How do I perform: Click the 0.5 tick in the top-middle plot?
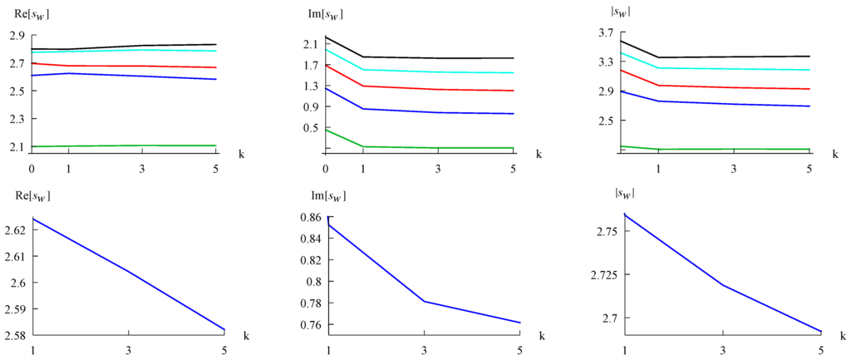pyautogui.click(x=309, y=128)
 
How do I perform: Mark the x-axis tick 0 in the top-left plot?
pyautogui.click(x=32, y=169)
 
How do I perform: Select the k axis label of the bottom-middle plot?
pyautogui.click(x=541, y=336)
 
